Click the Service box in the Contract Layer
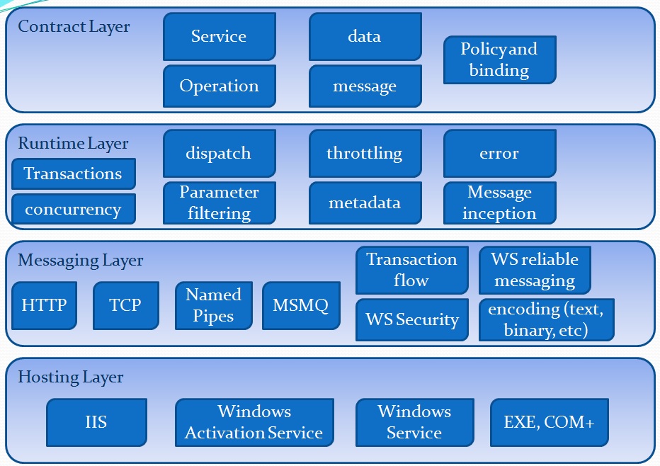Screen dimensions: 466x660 coord(219,36)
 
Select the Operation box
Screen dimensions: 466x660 coord(219,86)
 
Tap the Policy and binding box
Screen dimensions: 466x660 coord(499,59)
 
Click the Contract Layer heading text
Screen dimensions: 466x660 coord(74,27)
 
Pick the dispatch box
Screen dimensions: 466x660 coord(219,153)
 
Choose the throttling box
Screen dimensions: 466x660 coord(365,153)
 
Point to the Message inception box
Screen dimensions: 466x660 coord(499,203)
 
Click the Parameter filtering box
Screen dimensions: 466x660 coord(219,203)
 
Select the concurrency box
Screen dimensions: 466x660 coord(73,209)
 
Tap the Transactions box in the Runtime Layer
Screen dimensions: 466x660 coord(73,174)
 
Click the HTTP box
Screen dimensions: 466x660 coord(44,305)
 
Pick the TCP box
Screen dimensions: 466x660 coord(125,305)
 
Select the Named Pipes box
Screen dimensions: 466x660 coord(213,305)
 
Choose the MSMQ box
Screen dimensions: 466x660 coord(300,305)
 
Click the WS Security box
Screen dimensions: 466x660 coord(411,319)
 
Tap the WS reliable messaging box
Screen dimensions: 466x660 coord(535,270)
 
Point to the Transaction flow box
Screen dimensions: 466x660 coord(411,270)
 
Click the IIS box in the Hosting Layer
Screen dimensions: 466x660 coord(96,422)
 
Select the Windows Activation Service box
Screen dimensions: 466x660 coord(254,422)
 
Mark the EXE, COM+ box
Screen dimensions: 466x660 coord(549,422)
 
